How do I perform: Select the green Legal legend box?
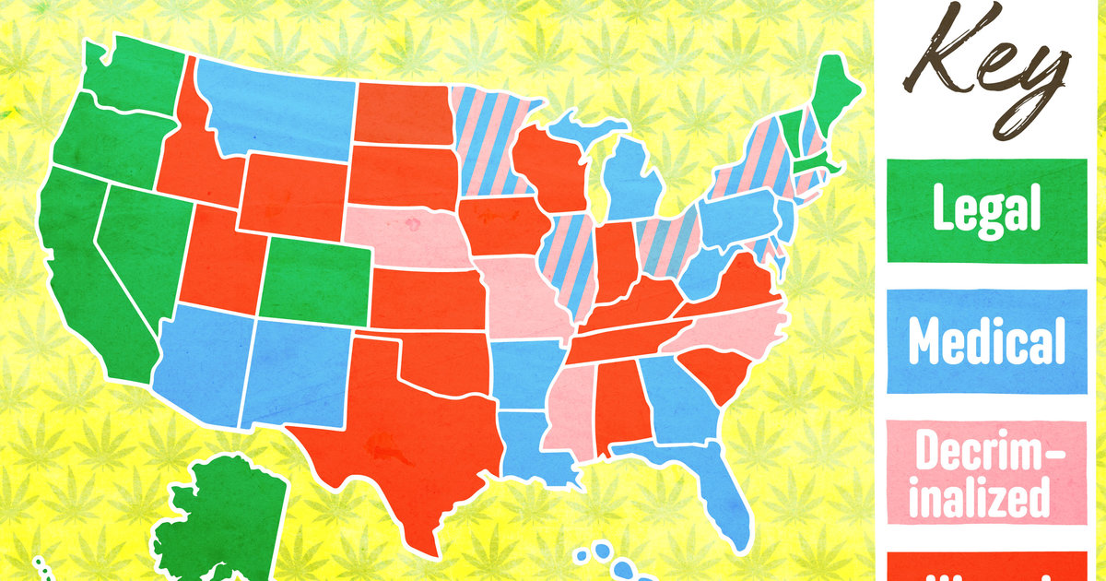(x=986, y=210)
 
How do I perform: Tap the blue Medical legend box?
(x=986, y=341)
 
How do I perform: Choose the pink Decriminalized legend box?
(x=986, y=475)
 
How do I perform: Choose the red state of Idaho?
(x=194, y=157)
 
